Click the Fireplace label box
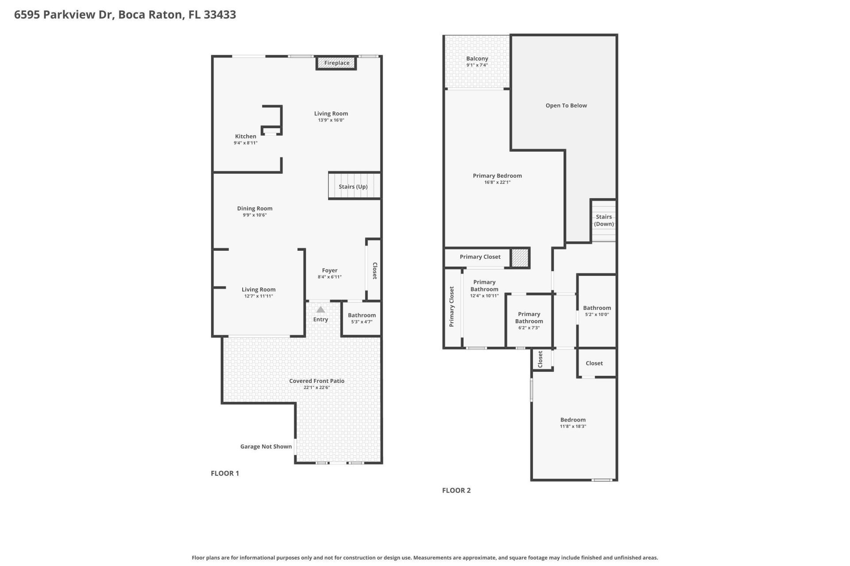point(336,63)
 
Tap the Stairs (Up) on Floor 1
point(353,187)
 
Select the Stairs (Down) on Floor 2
point(603,220)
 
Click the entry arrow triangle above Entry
point(321,310)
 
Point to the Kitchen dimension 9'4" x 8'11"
point(245,143)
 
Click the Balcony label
point(477,59)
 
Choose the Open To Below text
point(566,106)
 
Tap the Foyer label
point(329,271)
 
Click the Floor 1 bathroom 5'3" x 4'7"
point(361,318)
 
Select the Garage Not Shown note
point(266,447)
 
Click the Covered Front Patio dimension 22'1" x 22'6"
point(317,387)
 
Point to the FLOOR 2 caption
point(456,490)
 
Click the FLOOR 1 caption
point(224,473)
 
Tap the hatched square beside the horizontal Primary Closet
point(520,257)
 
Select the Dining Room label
point(255,209)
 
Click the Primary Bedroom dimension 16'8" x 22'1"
point(497,182)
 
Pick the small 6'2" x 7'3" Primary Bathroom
point(529,321)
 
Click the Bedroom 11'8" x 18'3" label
point(573,420)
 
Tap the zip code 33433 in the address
point(220,15)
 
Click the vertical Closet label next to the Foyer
point(375,271)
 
